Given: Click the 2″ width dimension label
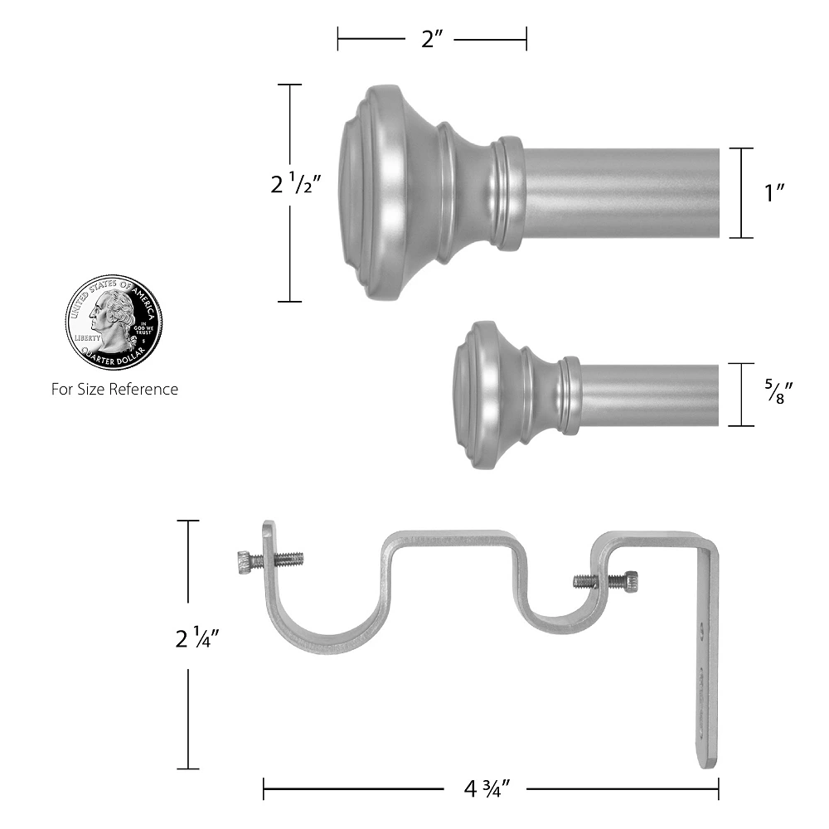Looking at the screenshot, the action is click(x=432, y=39).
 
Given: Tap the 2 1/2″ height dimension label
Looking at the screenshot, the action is click(x=296, y=183).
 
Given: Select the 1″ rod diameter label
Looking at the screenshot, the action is click(x=774, y=193).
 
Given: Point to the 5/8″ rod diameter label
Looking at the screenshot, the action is click(x=778, y=392).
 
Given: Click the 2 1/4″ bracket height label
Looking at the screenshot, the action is click(x=197, y=637).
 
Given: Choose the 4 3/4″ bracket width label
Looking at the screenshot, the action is click(x=487, y=789).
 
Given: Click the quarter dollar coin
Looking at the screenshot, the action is click(x=114, y=322).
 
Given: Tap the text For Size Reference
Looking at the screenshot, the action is click(x=114, y=389).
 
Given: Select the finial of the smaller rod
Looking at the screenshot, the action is click(x=494, y=395).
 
